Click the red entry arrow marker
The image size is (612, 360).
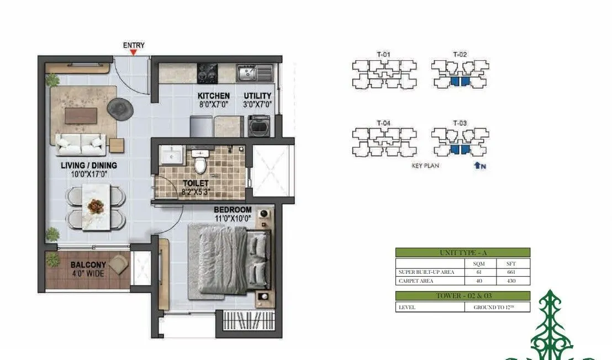[133, 52]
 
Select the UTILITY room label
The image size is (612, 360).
[257, 96]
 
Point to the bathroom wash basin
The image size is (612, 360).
[172, 156]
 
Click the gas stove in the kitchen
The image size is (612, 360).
[208, 72]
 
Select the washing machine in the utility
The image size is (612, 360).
[258, 125]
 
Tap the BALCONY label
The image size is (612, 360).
[88, 265]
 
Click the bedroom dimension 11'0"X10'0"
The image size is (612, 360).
[233, 218]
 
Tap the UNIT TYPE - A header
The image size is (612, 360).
[462, 252]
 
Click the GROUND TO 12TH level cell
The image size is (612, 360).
[497, 307]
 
